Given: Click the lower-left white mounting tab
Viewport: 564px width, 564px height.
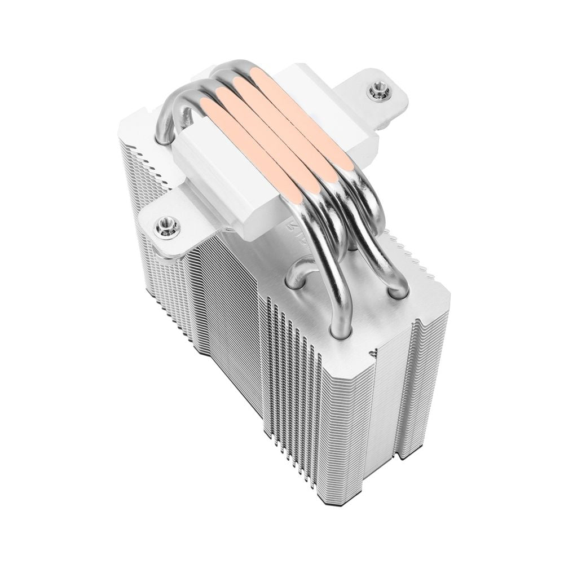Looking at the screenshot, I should coord(169,226).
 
